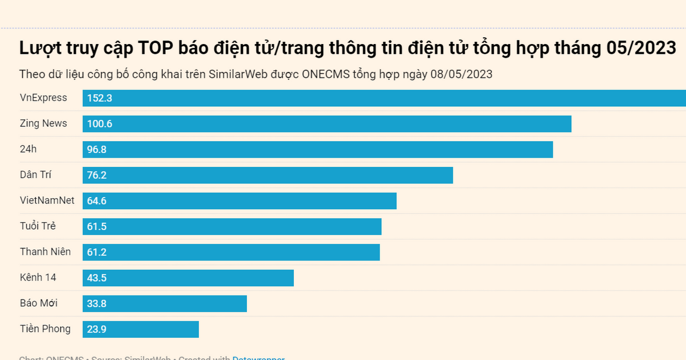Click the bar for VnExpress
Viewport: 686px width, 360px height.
pos(384,98)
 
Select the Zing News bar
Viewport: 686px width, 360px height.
pos(327,124)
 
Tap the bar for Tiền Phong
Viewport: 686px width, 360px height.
pos(141,329)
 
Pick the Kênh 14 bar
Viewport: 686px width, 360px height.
pos(188,278)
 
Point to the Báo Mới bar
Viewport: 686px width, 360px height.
pos(165,303)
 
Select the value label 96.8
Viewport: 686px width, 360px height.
pos(97,150)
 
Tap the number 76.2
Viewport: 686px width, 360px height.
pos(97,175)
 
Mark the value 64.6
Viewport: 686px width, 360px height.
pos(97,201)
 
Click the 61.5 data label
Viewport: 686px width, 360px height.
pos(97,227)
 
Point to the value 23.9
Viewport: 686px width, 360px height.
pos(97,329)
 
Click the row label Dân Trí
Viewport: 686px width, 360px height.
pos(36,175)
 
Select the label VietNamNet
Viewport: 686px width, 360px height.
pos(47,201)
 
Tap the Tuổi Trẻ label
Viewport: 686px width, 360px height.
pos(38,226)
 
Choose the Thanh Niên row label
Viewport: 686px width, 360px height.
pos(45,252)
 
